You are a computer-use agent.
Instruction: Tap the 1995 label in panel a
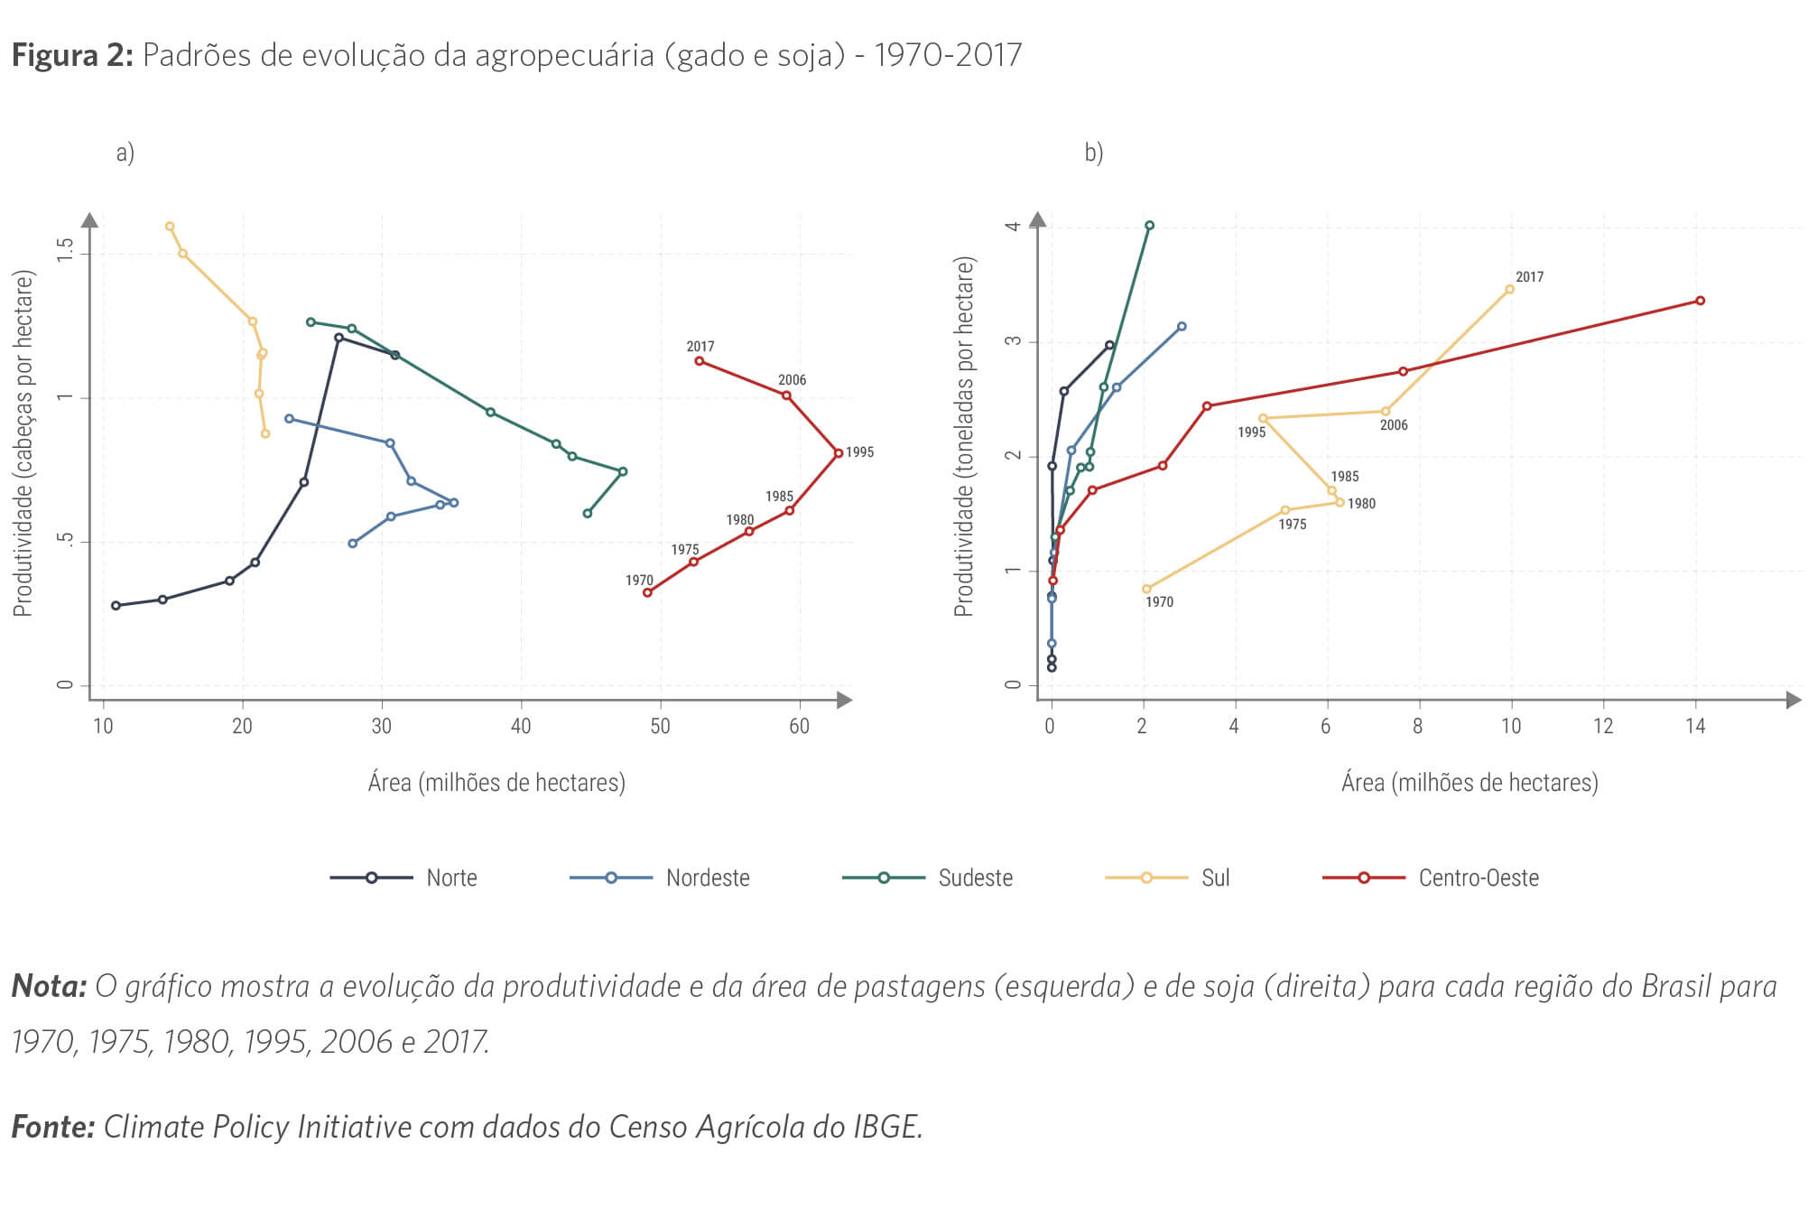(x=859, y=452)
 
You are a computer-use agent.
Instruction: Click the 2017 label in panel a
(x=700, y=347)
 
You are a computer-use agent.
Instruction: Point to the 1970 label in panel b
(x=1159, y=602)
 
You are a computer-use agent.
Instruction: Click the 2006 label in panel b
(x=1393, y=425)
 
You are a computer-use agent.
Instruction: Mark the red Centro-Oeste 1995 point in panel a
(x=839, y=453)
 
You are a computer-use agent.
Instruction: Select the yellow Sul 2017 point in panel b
(x=1510, y=290)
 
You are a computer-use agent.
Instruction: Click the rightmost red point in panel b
(x=1700, y=301)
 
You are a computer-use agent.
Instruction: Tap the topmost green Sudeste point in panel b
(x=1149, y=226)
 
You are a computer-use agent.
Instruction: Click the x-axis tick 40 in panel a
(x=521, y=727)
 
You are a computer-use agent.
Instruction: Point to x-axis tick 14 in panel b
(x=1695, y=727)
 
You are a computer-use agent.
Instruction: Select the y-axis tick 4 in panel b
(x=1013, y=225)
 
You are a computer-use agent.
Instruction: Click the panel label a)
(x=125, y=153)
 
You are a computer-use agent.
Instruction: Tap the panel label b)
(x=1093, y=153)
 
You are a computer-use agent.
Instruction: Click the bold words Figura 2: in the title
(x=72, y=56)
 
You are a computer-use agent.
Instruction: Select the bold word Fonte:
(x=52, y=1127)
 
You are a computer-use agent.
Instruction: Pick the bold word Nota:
(x=49, y=986)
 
